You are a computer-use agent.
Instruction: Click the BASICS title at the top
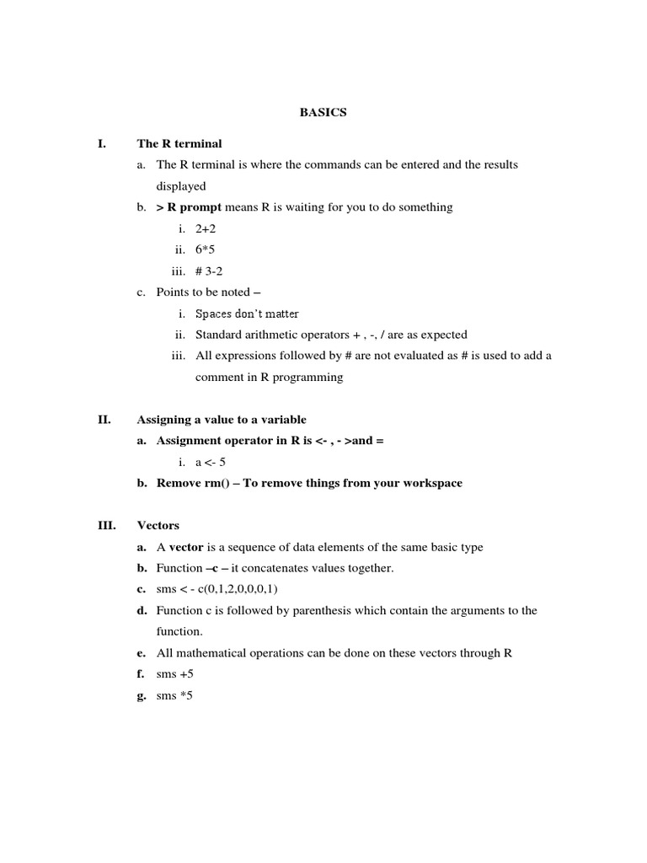tap(323, 113)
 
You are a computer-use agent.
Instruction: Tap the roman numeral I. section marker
tap(102, 144)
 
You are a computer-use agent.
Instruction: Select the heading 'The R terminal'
tap(179, 144)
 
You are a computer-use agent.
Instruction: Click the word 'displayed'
tap(181, 186)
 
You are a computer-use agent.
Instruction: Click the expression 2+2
tap(206, 228)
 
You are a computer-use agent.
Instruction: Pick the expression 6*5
tap(206, 249)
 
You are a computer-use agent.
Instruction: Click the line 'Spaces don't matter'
tap(247, 314)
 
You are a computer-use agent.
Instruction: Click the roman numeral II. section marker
tap(104, 420)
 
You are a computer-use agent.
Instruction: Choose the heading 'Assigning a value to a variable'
tap(222, 420)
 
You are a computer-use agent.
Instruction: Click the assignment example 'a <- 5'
tap(211, 462)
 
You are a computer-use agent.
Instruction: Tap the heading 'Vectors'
tap(158, 526)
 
